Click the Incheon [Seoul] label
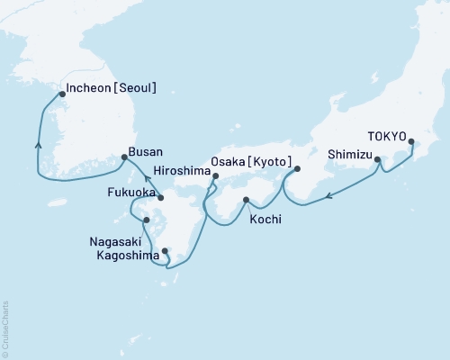point(112,89)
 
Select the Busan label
point(147,152)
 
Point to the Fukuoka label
point(127,192)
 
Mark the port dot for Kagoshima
point(165,251)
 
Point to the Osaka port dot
point(297,168)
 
